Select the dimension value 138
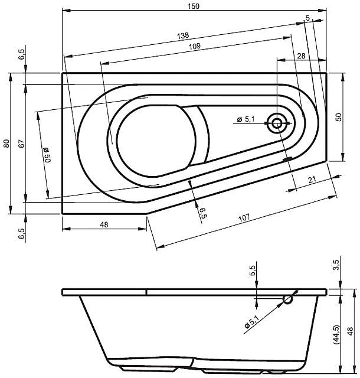click(x=183, y=36)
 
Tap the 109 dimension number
click(x=195, y=47)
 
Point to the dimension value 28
click(x=302, y=55)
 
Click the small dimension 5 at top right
click(x=307, y=19)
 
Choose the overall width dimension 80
click(x=6, y=143)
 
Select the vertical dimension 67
click(x=20, y=143)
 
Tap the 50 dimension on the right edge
click(x=339, y=117)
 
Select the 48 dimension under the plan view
click(x=104, y=224)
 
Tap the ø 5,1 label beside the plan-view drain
click(x=246, y=120)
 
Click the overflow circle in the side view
click(x=288, y=299)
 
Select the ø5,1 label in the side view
click(x=250, y=322)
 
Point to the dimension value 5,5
click(x=253, y=271)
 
